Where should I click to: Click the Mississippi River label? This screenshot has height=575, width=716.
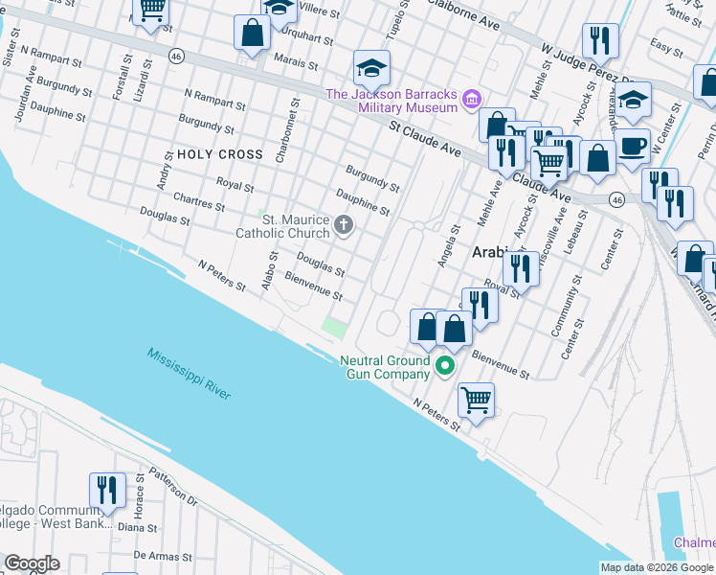click(189, 375)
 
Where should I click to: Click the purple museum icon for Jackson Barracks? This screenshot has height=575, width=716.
click(471, 99)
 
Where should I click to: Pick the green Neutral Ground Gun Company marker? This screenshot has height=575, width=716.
click(444, 365)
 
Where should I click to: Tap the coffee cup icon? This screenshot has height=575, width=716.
click(631, 145)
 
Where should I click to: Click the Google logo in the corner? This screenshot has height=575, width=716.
click(32, 563)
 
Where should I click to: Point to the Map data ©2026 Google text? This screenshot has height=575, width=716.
click(657, 567)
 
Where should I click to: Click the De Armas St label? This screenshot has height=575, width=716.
click(157, 555)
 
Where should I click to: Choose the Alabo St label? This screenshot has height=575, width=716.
click(271, 268)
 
